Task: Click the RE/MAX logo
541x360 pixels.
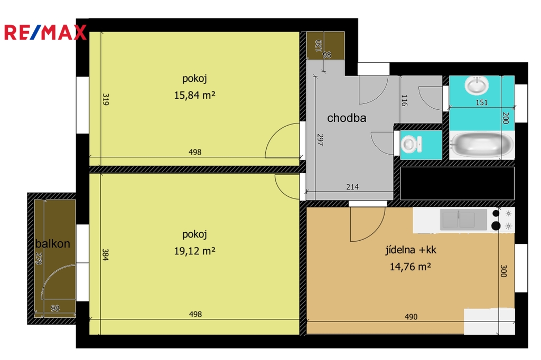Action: click(x=45, y=32)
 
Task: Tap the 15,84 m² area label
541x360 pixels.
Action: click(x=194, y=95)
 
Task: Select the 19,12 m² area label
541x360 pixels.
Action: click(x=194, y=251)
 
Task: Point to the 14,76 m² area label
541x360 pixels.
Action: click(x=410, y=266)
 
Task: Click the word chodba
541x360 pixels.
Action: click(x=347, y=118)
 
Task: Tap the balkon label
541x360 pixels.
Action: click(x=52, y=243)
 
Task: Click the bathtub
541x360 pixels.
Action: click(x=482, y=145)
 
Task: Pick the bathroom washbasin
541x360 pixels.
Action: click(x=477, y=85)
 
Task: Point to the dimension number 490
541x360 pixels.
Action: click(x=411, y=317)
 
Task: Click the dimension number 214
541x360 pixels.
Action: click(x=352, y=187)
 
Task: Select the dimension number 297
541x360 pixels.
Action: click(x=320, y=140)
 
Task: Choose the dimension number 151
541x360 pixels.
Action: click(x=482, y=102)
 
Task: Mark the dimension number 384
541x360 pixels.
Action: click(x=106, y=254)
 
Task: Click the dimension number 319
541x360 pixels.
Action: click(x=106, y=99)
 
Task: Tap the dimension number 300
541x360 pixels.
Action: click(x=503, y=271)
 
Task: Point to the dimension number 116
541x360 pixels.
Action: click(x=404, y=100)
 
